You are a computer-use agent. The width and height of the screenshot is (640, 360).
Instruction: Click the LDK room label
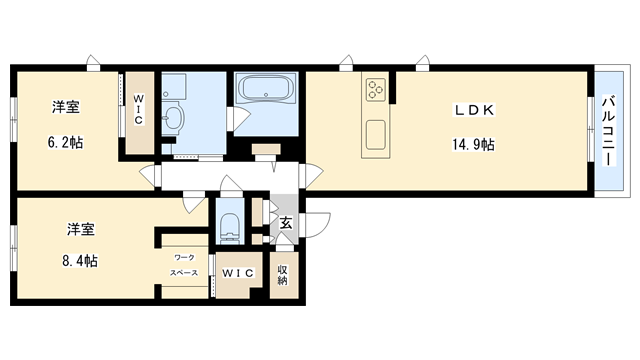(474, 110)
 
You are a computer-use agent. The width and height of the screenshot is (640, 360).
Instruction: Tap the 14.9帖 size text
(473, 144)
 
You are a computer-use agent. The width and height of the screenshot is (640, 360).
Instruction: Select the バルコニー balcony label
(609, 131)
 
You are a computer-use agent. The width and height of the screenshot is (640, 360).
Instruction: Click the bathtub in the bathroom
(266, 89)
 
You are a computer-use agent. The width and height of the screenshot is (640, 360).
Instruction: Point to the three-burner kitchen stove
(376, 89)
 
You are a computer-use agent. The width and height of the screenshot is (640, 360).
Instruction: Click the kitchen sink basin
(376, 135)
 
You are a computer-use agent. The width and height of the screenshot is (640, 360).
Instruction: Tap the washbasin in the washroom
(173, 118)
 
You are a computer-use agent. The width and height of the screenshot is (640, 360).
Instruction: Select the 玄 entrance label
(286, 223)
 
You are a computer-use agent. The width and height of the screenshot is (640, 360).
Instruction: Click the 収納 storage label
(282, 275)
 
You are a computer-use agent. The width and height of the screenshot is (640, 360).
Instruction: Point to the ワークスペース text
(184, 265)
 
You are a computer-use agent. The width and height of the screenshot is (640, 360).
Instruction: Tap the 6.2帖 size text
(66, 142)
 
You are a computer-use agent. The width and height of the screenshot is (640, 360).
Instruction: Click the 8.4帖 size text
(80, 260)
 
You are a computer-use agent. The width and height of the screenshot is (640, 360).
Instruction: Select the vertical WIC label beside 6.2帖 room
(139, 109)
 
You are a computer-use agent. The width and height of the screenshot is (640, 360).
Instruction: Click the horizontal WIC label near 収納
(238, 273)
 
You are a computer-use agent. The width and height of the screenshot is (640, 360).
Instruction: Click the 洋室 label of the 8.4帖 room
(81, 229)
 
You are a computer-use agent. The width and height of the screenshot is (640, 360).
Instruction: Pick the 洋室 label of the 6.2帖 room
(65, 107)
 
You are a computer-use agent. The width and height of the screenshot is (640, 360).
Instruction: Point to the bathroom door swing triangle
(240, 118)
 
